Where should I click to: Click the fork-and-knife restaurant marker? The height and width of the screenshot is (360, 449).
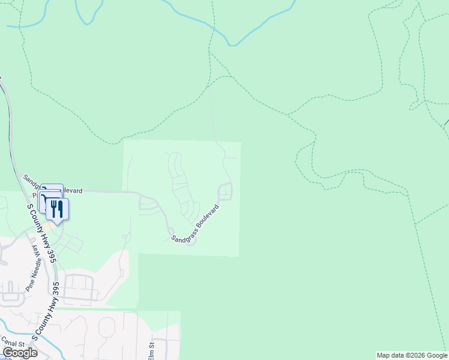pos(57,209)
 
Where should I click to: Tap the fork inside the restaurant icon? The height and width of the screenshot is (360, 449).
pos(53,208)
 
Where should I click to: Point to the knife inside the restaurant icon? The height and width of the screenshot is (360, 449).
pos(60,208)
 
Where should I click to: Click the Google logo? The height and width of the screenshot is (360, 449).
pos(20,353)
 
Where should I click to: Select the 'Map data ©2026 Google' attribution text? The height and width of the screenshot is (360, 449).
pos(412,355)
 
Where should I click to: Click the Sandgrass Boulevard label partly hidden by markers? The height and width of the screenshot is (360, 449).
pos(60,190)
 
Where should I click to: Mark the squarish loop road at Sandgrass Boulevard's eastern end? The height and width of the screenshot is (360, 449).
pos(224,192)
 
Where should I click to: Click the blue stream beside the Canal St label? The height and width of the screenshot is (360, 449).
pos(7,329)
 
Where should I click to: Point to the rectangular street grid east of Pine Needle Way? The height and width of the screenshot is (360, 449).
pos(78,287)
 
